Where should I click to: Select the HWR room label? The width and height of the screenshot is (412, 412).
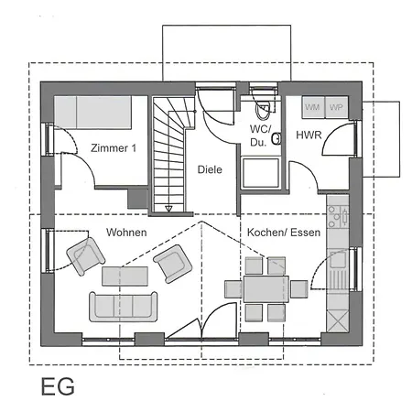point(308,136)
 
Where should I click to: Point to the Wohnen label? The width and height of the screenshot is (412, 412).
point(126,233)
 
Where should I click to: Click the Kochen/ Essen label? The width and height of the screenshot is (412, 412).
point(284,233)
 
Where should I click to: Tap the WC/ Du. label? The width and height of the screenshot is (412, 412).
point(259,136)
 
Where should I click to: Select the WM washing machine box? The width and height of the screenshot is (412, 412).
point(313,107)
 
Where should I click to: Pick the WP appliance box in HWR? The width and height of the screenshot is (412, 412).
point(335,107)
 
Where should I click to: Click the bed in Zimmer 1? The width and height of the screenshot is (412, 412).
point(101,113)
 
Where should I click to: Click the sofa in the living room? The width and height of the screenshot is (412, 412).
point(123,305)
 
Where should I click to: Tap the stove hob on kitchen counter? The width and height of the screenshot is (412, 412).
point(338,216)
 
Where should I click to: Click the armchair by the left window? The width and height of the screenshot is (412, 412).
point(87,255)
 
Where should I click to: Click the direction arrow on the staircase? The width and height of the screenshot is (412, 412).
point(168,209)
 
